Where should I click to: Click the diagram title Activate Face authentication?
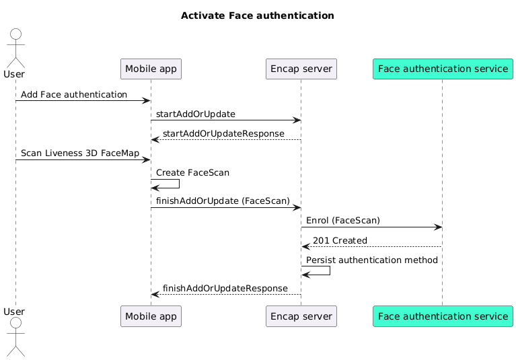pos(258,15)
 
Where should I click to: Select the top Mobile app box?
pos(151,69)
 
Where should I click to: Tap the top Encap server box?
pos(301,69)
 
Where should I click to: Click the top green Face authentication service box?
pos(443,69)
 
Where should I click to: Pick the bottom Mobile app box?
pos(151,316)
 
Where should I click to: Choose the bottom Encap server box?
pos(301,316)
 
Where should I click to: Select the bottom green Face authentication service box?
pos(443,316)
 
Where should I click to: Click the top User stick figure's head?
pos(15,35)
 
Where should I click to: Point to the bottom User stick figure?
pos(15,340)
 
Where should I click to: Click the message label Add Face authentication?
pos(74,95)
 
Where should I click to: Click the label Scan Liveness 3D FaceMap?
pos(80,153)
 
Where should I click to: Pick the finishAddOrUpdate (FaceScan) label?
pos(223,201)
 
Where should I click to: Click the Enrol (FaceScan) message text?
pos(343,221)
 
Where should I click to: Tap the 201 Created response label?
pos(340,240)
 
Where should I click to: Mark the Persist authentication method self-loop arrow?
pos(329,271)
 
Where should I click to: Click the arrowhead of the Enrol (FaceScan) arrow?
pos(438,227)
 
